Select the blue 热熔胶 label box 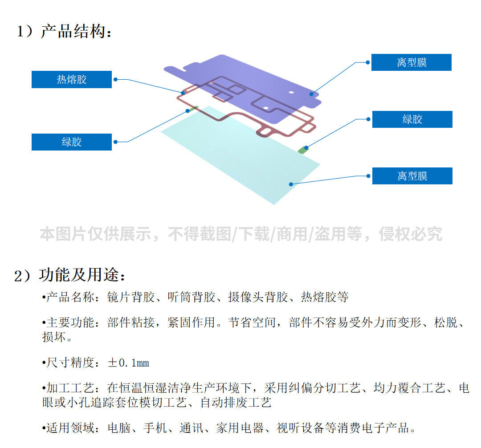point(71,80)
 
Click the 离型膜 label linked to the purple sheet point(411,62)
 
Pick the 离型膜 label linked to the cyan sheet point(412,176)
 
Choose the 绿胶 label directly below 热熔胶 point(71,142)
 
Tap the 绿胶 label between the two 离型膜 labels point(412,119)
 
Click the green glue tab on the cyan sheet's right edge point(304,149)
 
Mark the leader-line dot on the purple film point(312,94)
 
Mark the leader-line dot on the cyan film point(290,184)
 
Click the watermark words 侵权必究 point(410,234)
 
